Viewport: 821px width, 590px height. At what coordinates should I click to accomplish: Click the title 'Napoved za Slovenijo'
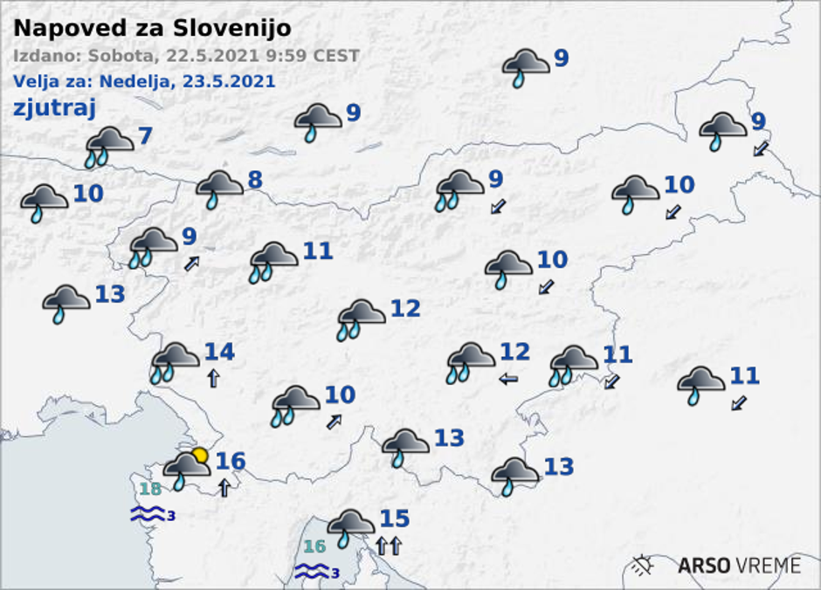[x=152, y=28]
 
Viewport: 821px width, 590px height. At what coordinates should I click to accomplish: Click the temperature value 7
[x=145, y=136]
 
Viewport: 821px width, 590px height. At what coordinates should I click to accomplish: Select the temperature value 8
[x=254, y=180]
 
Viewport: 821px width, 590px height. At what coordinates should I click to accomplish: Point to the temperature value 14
[x=219, y=352]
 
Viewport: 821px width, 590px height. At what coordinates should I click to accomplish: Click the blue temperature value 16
[x=230, y=460]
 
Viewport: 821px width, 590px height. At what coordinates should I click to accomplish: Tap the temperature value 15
[x=394, y=519]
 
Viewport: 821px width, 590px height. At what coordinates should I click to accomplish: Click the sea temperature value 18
[x=150, y=489]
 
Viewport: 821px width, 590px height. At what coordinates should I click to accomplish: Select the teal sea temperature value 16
[x=314, y=547]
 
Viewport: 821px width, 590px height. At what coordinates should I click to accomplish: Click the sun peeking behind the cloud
[x=201, y=455]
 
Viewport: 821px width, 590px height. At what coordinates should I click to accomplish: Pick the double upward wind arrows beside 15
[x=388, y=546]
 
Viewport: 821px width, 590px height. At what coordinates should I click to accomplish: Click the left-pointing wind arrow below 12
[x=507, y=379]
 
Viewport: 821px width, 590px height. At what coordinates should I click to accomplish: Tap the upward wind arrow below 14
[x=212, y=378]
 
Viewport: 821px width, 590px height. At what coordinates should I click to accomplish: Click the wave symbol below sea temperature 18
[x=148, y=514]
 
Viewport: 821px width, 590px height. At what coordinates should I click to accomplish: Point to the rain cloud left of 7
[x=109, y=146]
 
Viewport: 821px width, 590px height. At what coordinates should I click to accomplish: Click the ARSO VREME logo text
[x=739, y=565]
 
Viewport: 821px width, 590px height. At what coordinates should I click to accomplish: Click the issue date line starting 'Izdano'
[x=186, y=56]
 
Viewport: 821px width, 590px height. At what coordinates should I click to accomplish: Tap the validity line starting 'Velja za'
[x=144, y=81]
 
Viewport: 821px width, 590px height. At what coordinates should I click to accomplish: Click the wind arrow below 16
[x=224, y=487]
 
